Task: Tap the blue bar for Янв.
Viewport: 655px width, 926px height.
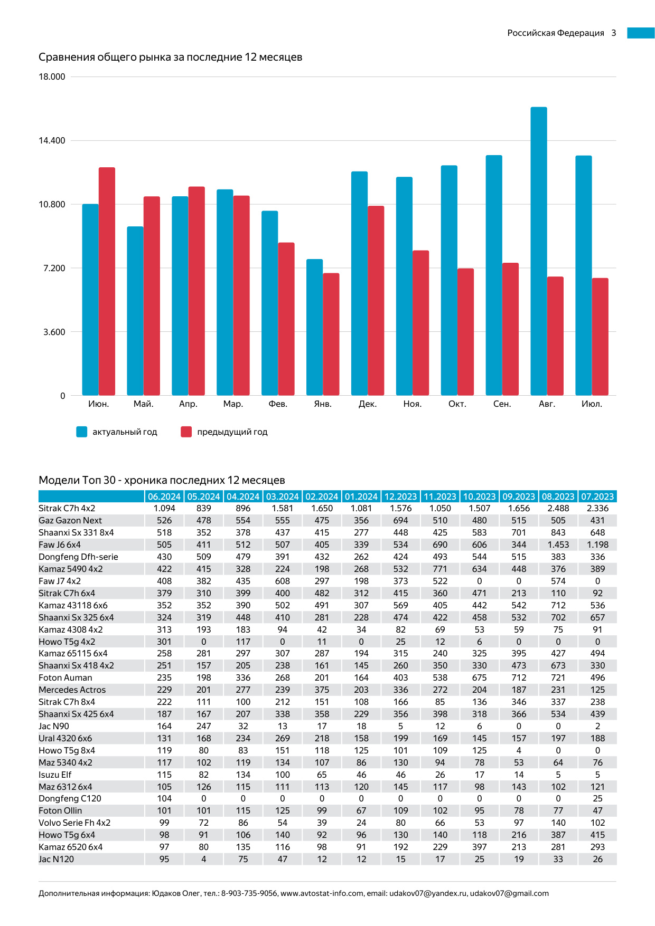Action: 314,327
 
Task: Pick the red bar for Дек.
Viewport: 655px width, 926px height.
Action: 376,300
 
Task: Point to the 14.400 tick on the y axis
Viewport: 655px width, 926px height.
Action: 52,140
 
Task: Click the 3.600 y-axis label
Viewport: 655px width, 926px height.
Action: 54,332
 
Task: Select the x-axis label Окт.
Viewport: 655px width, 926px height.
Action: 457,404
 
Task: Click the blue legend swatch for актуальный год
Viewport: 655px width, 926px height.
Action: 82,432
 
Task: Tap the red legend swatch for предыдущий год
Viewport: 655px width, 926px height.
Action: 186,432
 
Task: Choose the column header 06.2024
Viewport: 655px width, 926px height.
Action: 164,497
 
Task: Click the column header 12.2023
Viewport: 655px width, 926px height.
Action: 400,497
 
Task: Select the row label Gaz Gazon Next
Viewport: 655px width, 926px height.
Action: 70,520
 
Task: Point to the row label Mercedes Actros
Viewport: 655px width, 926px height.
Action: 72,690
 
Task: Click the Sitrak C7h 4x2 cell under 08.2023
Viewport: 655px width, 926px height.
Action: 558,508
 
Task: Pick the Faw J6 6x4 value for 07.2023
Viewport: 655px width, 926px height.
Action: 597,545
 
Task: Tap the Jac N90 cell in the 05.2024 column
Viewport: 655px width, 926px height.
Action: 203,726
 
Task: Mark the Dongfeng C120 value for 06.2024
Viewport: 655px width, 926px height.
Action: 164,798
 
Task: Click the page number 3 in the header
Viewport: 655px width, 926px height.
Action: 614,33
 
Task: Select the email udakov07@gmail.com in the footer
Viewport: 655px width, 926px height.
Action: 509,893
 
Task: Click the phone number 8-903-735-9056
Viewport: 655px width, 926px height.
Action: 249,893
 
